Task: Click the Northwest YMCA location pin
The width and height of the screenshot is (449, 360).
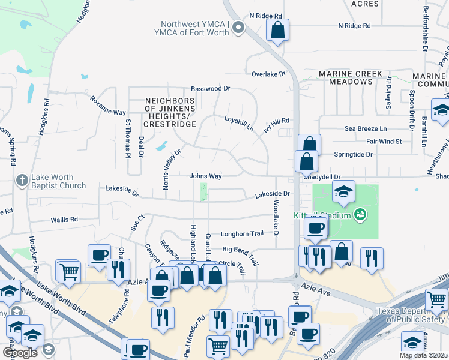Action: [239, 27]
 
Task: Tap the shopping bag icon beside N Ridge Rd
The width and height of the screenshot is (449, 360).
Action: [278, 30]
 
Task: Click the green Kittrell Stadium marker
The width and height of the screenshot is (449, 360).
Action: [360, 214]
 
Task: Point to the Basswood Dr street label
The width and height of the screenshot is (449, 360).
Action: [210, 88]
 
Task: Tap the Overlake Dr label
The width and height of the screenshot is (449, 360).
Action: [268, 74]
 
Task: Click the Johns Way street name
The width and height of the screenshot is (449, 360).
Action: [206, 176]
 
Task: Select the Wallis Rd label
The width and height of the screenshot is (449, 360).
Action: [66, 220]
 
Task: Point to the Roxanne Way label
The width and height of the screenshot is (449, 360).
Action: [108, 104]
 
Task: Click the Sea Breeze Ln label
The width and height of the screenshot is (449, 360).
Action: [366, 128]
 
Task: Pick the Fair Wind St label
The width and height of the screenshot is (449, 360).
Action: [384, 142]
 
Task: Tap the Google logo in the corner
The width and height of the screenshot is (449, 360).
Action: [20, 352]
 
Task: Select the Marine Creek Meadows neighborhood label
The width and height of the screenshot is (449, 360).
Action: [351, 77]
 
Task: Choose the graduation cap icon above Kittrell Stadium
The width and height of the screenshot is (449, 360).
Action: [343, 192]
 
